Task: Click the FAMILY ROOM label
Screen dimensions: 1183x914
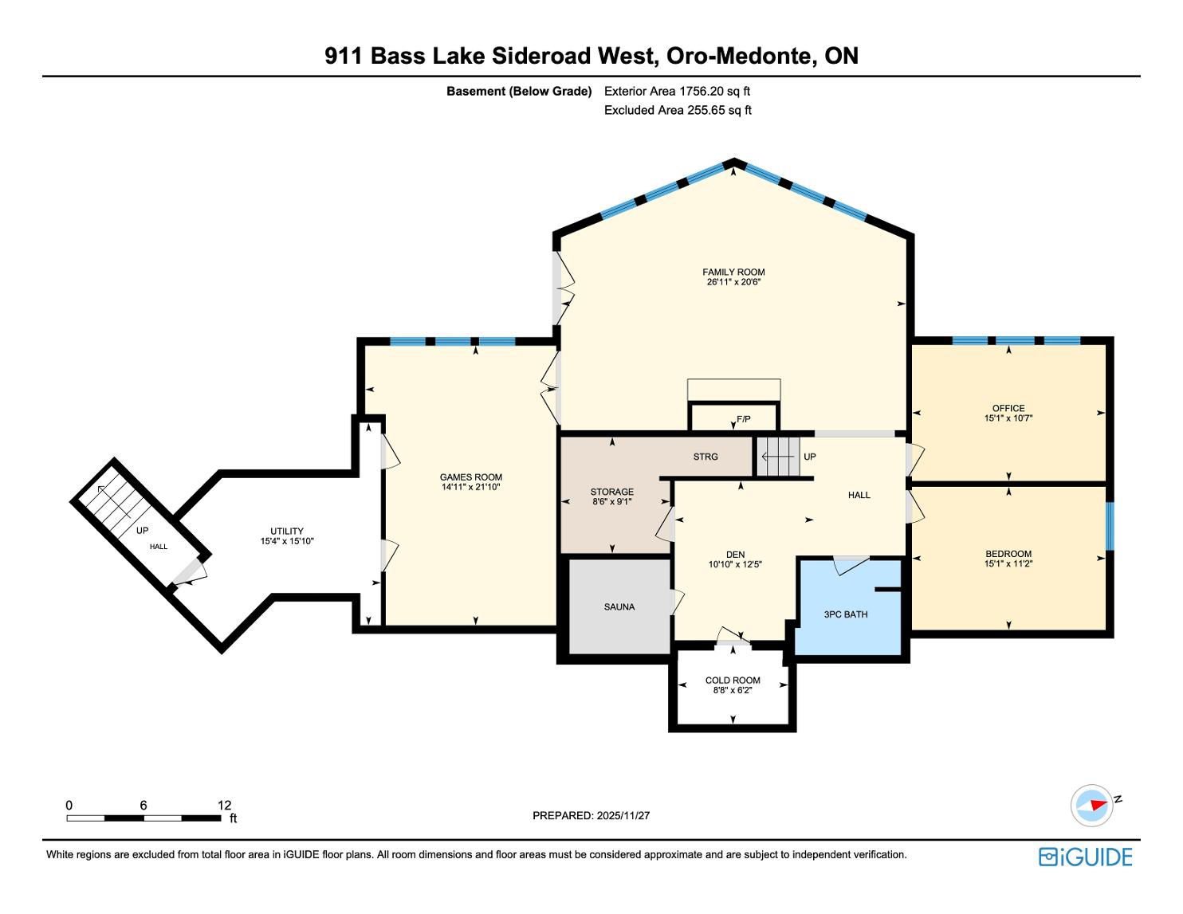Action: tap(733, 272)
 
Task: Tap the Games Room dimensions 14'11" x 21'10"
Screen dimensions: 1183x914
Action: tap(471, 487)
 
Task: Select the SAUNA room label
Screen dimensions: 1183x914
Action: tap(619, 606)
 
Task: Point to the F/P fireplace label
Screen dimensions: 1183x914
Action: tap(743, 419)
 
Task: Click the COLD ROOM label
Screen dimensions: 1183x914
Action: tap(733, 680)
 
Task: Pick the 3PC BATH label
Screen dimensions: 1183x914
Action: tap(846, 614)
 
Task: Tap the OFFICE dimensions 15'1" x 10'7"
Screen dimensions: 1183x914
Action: tap(1008, 418)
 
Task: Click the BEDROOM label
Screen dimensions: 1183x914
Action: tap(1008, 554)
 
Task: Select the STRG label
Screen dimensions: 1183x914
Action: tap(705, 457)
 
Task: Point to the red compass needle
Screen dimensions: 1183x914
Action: tap(1099, 805)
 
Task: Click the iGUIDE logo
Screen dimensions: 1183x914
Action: tap(1086, 857)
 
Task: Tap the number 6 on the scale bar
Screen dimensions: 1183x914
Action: tap(143, 805)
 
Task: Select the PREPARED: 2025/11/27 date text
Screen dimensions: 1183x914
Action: tap(591, 815)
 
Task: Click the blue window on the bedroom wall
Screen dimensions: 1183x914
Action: tap(1110, 526)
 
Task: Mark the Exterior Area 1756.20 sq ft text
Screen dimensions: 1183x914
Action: tap(677, 92)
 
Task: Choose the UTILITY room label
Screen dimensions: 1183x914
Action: tap(287, 531)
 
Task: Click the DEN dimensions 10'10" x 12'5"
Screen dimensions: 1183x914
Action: tap(734, 564)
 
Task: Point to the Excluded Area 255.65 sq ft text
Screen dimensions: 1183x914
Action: tap(678, 110)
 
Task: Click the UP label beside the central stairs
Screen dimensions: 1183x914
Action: tap(810, 457)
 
